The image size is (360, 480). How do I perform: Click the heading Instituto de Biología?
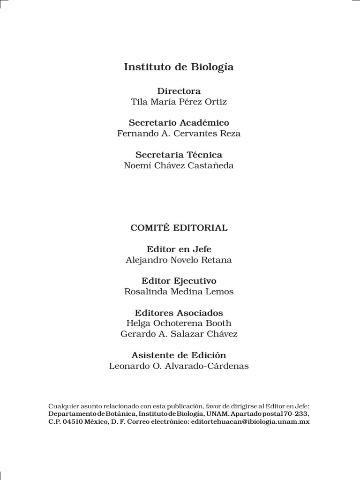[x=179, y=67]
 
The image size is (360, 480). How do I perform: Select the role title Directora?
[x=179, y=91]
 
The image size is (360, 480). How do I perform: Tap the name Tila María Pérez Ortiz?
[x=179, y=101]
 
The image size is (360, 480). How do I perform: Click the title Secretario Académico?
[x=179, y=123]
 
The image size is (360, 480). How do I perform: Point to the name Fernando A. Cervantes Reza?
[x=179, y=133]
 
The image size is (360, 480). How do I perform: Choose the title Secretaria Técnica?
[x=179, y=155]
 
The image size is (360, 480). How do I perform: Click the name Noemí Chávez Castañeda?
[x=179, y=165]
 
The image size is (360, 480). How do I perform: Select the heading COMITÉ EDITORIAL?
[x=179, y=228]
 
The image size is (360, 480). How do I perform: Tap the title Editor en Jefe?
[x=179, y=249]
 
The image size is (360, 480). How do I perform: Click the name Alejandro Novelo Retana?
[x=179, y=260]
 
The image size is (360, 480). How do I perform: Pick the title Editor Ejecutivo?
[x=179, y=281]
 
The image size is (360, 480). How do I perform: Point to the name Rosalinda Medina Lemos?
[x=179, y=292]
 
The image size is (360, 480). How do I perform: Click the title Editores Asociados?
[x=179, y=313]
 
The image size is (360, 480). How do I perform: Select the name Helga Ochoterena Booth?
[x=179, y=323]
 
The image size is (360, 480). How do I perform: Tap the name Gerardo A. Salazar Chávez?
[x=179, y=334]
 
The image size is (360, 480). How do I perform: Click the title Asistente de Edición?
[x=179, y=355]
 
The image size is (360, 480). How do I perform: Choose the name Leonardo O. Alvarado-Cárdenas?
[x=179, y=366]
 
